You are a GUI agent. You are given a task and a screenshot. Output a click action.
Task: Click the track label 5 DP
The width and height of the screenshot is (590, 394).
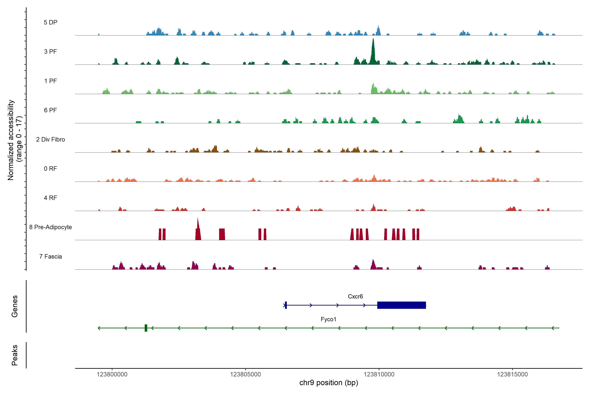[x=50, y=22]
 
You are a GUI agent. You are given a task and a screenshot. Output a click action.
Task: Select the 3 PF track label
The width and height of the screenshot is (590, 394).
[x=50, y=52]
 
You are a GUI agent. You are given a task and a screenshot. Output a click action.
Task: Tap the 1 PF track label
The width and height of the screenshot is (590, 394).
[x=50, y=81]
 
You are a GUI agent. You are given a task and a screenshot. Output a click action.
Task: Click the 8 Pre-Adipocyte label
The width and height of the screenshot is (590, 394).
[x=50, y=227]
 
